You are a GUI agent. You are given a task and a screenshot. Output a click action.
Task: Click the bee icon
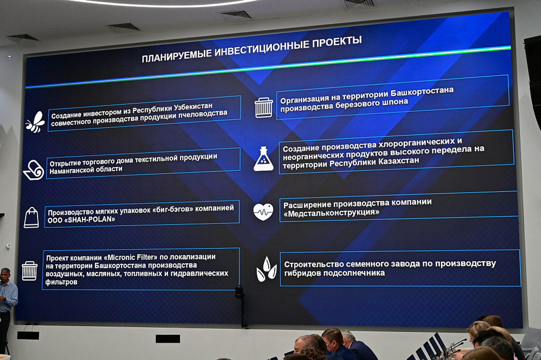(x=36, y=122)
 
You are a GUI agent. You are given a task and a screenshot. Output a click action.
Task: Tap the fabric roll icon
(x=33, y=170)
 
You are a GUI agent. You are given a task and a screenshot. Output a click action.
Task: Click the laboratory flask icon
(x=264, y=159)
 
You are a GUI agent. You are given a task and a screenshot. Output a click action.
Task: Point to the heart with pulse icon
(x=263, y=212)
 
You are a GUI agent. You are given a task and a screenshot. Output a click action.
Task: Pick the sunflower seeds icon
(x=266, y=269)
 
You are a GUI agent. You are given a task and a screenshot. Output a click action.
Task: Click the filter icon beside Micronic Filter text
(x=29, y=271)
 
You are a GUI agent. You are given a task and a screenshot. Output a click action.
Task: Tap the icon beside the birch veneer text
(x=264, y=107)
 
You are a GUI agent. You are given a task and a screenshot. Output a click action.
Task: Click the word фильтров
(x=61, y=282)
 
